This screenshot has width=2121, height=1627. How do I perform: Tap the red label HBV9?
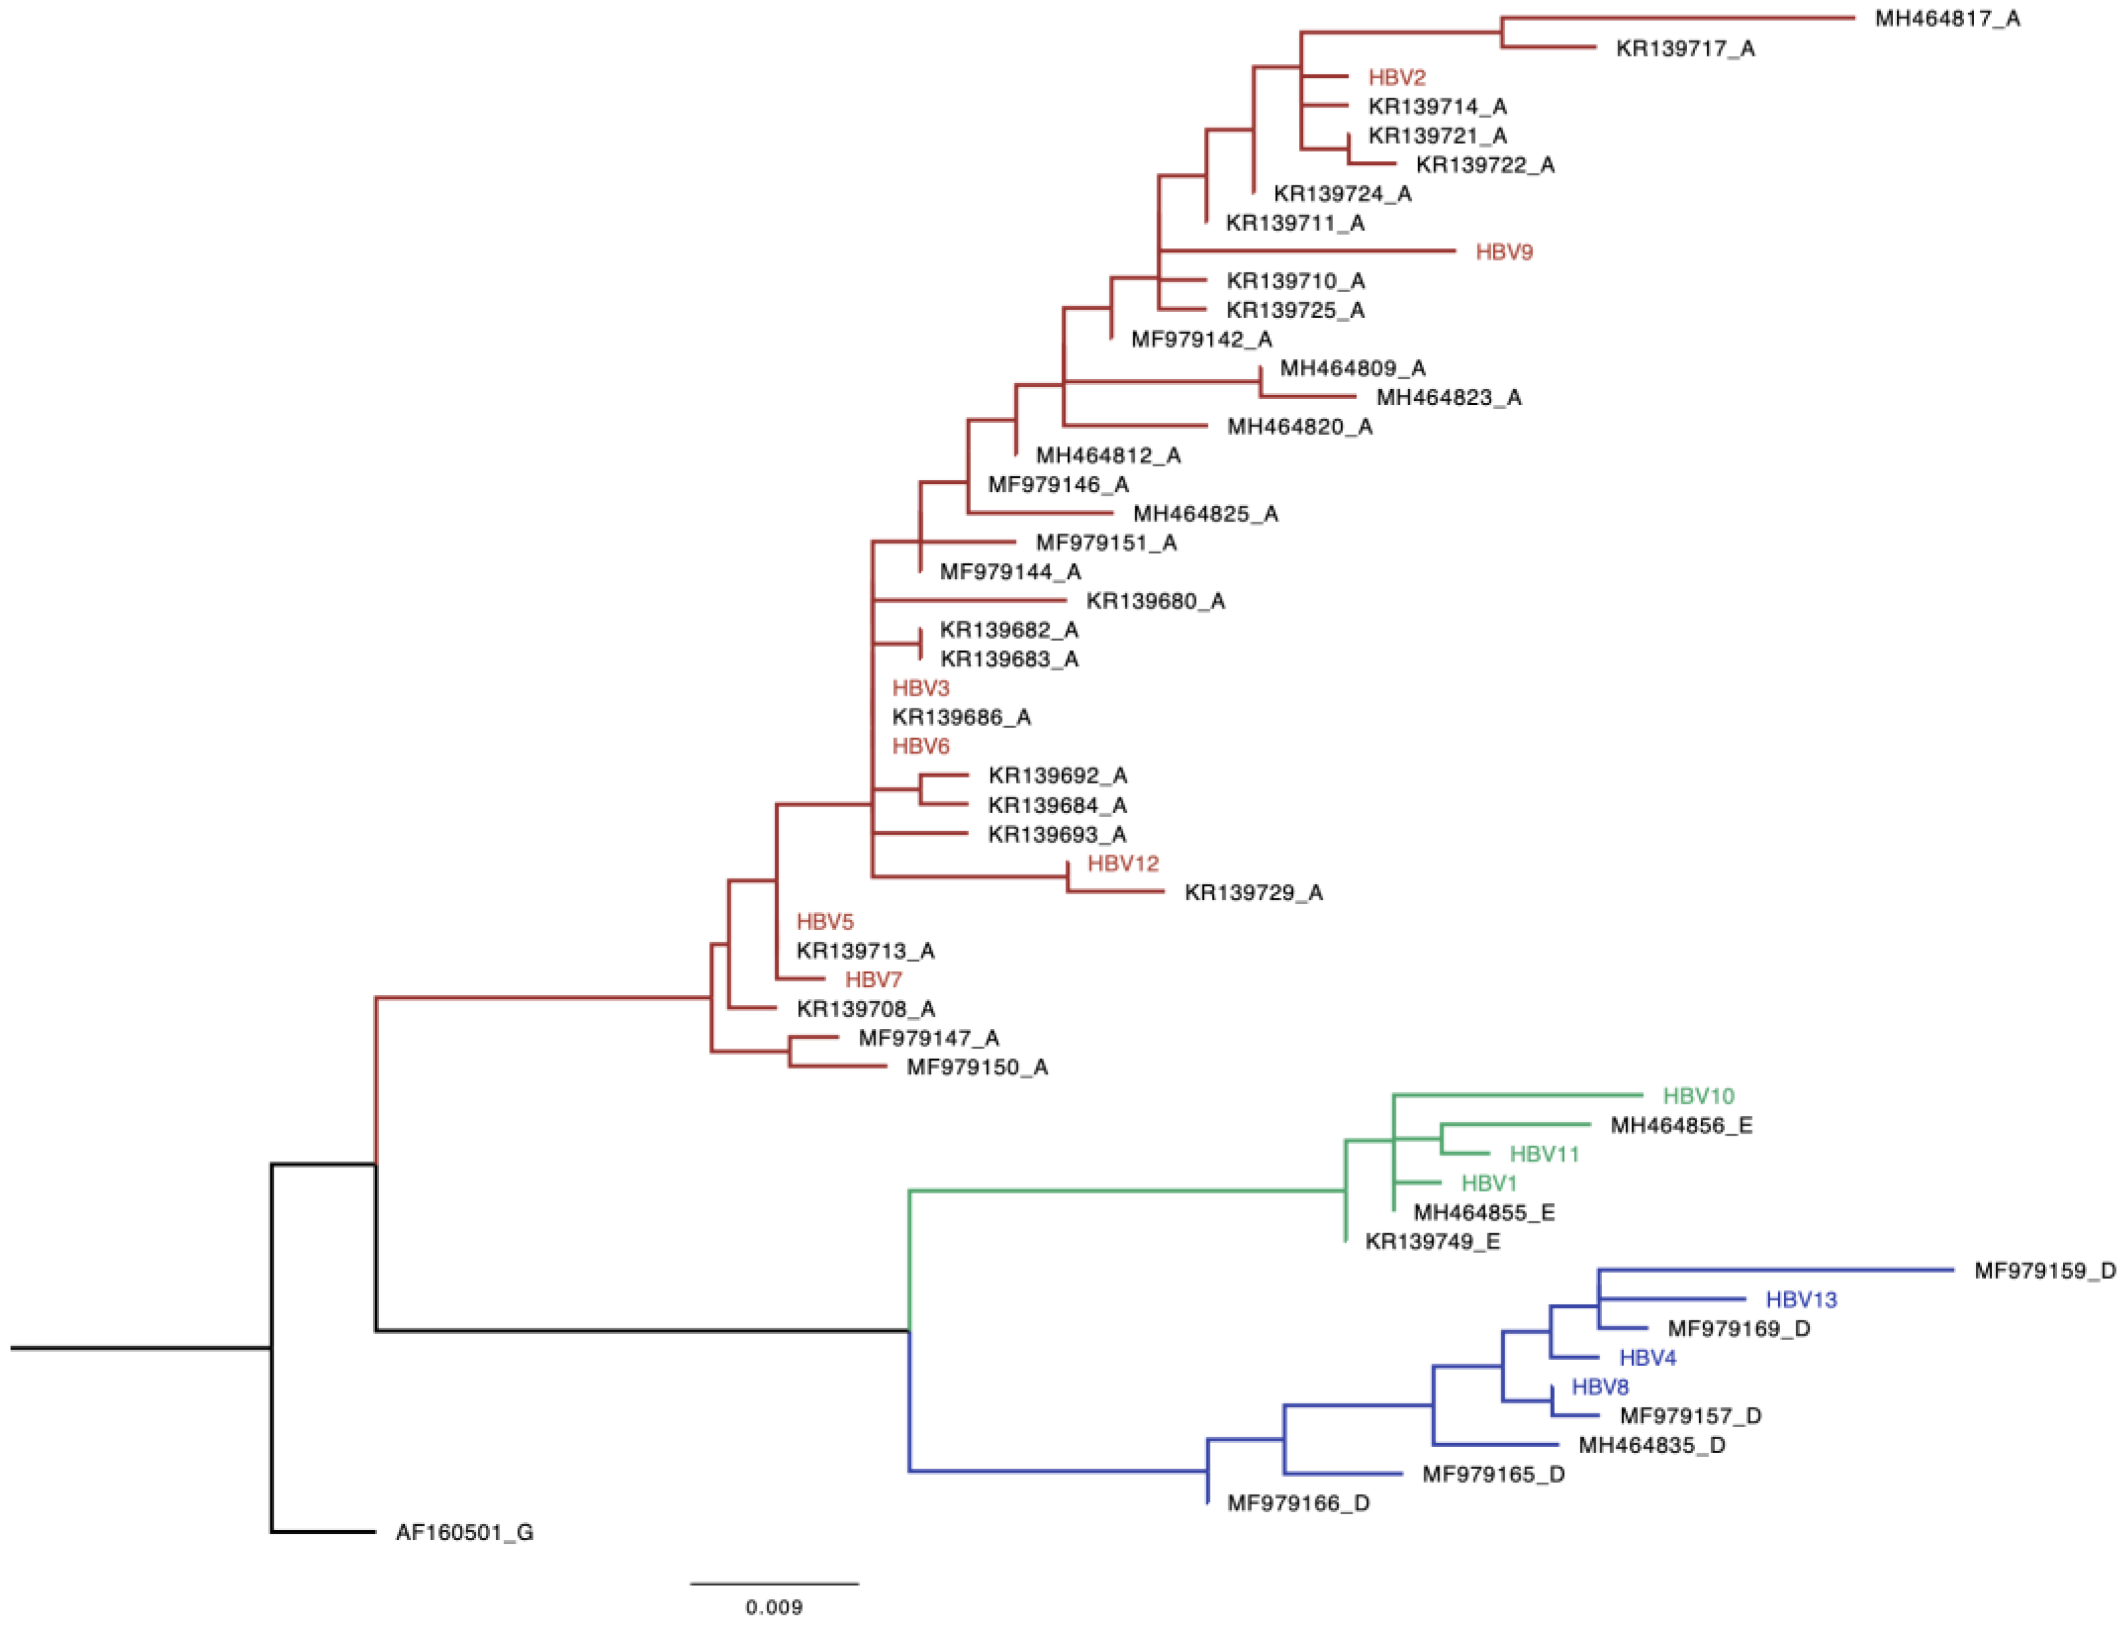click(x=1503, y=252)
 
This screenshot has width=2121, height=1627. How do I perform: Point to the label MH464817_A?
click(x=1947, y=18)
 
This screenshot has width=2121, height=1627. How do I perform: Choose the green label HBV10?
click(x=1698, y=1096)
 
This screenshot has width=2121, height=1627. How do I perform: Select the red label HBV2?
click(x=1396, y=77)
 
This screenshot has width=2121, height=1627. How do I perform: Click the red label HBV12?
click(x=1123, y=863)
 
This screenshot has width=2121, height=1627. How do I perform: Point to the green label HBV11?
click(x=1544, y=1154)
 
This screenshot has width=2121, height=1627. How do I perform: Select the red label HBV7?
click(x=873, y=980)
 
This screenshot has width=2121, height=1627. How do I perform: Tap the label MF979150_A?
click(x=976, y=1067)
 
